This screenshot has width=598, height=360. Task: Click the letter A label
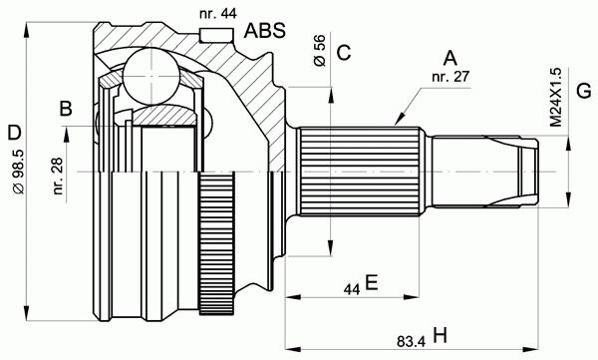point(450,59)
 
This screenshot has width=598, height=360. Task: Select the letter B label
point(66,109)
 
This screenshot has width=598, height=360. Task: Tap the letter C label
point(344,53)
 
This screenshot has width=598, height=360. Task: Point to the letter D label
point(15,134)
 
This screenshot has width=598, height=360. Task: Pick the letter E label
point(371,283)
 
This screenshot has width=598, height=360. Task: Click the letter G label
point(584,91)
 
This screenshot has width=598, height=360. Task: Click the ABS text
point(265,31)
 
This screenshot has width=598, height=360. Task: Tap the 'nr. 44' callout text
point(217,13)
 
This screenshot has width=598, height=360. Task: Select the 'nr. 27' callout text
point(450,77)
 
